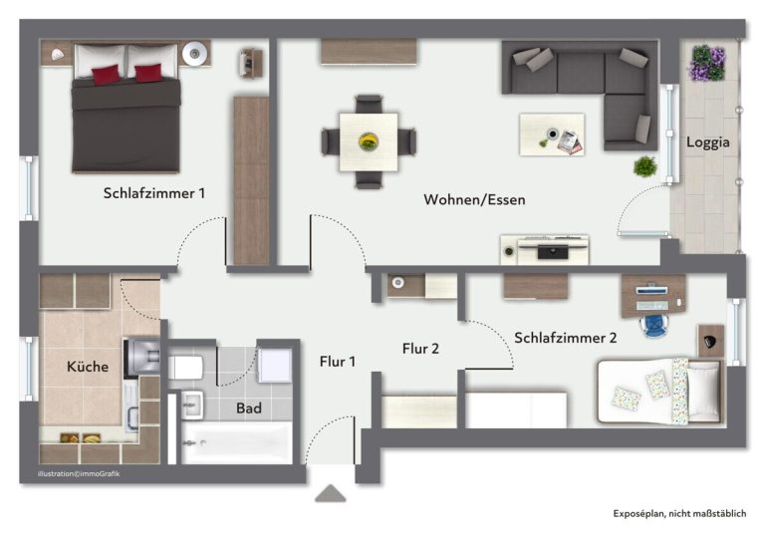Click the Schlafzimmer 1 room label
pyautogui.click(x=154, y=193)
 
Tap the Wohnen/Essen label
pyautogui.click(x=474, y=199)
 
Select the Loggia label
pyautogui.click(x=708, y=142)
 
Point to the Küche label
pyautogui.click(x=88, y=367)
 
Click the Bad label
pyautogui.click(x=249, y=408)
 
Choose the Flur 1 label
pyautogui.click(x=338, y=362)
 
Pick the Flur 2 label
pyautogui.click(x=420, y=349)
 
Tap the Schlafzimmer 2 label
pyautogui.click(x=566, y=338)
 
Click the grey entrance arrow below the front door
pyautogui.click(x=331, y=493)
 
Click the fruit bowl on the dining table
pyautogui.click(x=369, y=142)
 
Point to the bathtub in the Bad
pyautogui.click(x=237, y=442)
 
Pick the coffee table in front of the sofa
pyautogui.click(x=552, y=134)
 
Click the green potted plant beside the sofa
pyautogui.click(x=645, y=166)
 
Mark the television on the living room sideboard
pyautogui.click(x=553, y=252)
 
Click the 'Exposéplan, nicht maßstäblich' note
pyautogui.click(x=679, y=513)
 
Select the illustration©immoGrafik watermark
pyautogui.click(x=79, y=473)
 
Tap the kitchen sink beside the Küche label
pyautogui.click(x=143, y=357)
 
